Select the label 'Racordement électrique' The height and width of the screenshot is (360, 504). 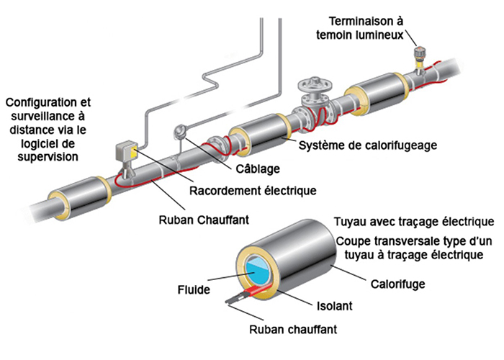point(253,191)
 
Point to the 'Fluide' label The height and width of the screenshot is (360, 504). point(194,291)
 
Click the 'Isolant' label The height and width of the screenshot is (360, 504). point(333,305)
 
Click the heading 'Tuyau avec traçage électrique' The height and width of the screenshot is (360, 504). point(413,220)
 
